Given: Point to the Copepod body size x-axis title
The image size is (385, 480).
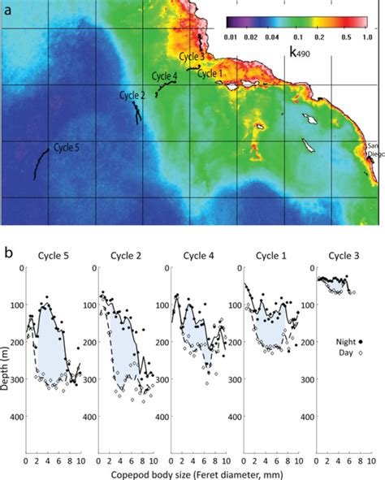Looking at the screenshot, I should tap(195, 471).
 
